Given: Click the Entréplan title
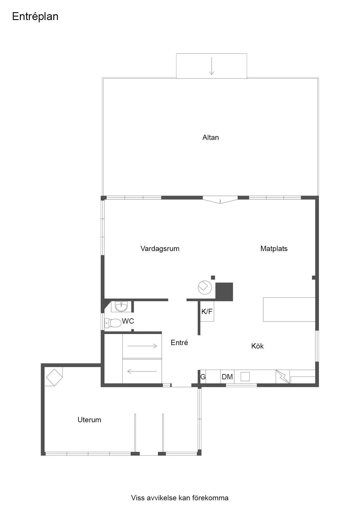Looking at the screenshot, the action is (x=35, y=17).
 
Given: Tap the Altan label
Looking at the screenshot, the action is (x=210, y=137).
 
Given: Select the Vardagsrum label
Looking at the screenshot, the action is (x=160, y=249).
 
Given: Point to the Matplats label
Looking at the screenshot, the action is (x=274, y=248).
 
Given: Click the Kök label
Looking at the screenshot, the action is (x=258, y=346).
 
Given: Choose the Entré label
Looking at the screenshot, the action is (x=179, y=342).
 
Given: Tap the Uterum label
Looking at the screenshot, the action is (x=89, y=420).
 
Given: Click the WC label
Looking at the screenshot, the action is (x=128, y=321).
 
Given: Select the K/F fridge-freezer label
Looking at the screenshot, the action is (x=207, y=311).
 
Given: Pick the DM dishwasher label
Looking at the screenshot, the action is (x=227, y=377).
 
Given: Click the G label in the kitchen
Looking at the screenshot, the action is (x=203, y=377).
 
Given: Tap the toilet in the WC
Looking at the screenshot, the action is (x=113, y=323).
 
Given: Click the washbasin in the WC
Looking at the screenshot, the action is (x=121, y=306).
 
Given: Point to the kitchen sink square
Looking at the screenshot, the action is (x=245, y=377).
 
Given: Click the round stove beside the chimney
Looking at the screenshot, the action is (x=205, y=288).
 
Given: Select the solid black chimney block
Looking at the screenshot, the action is (x=224, y=292).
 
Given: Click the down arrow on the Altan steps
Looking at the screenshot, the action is (x=212, y=66).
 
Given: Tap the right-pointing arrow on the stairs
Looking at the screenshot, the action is (x=142, y=346).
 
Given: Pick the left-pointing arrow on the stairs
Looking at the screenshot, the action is (x=142, y=371).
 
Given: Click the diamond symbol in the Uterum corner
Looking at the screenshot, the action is (x=54, y=377).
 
